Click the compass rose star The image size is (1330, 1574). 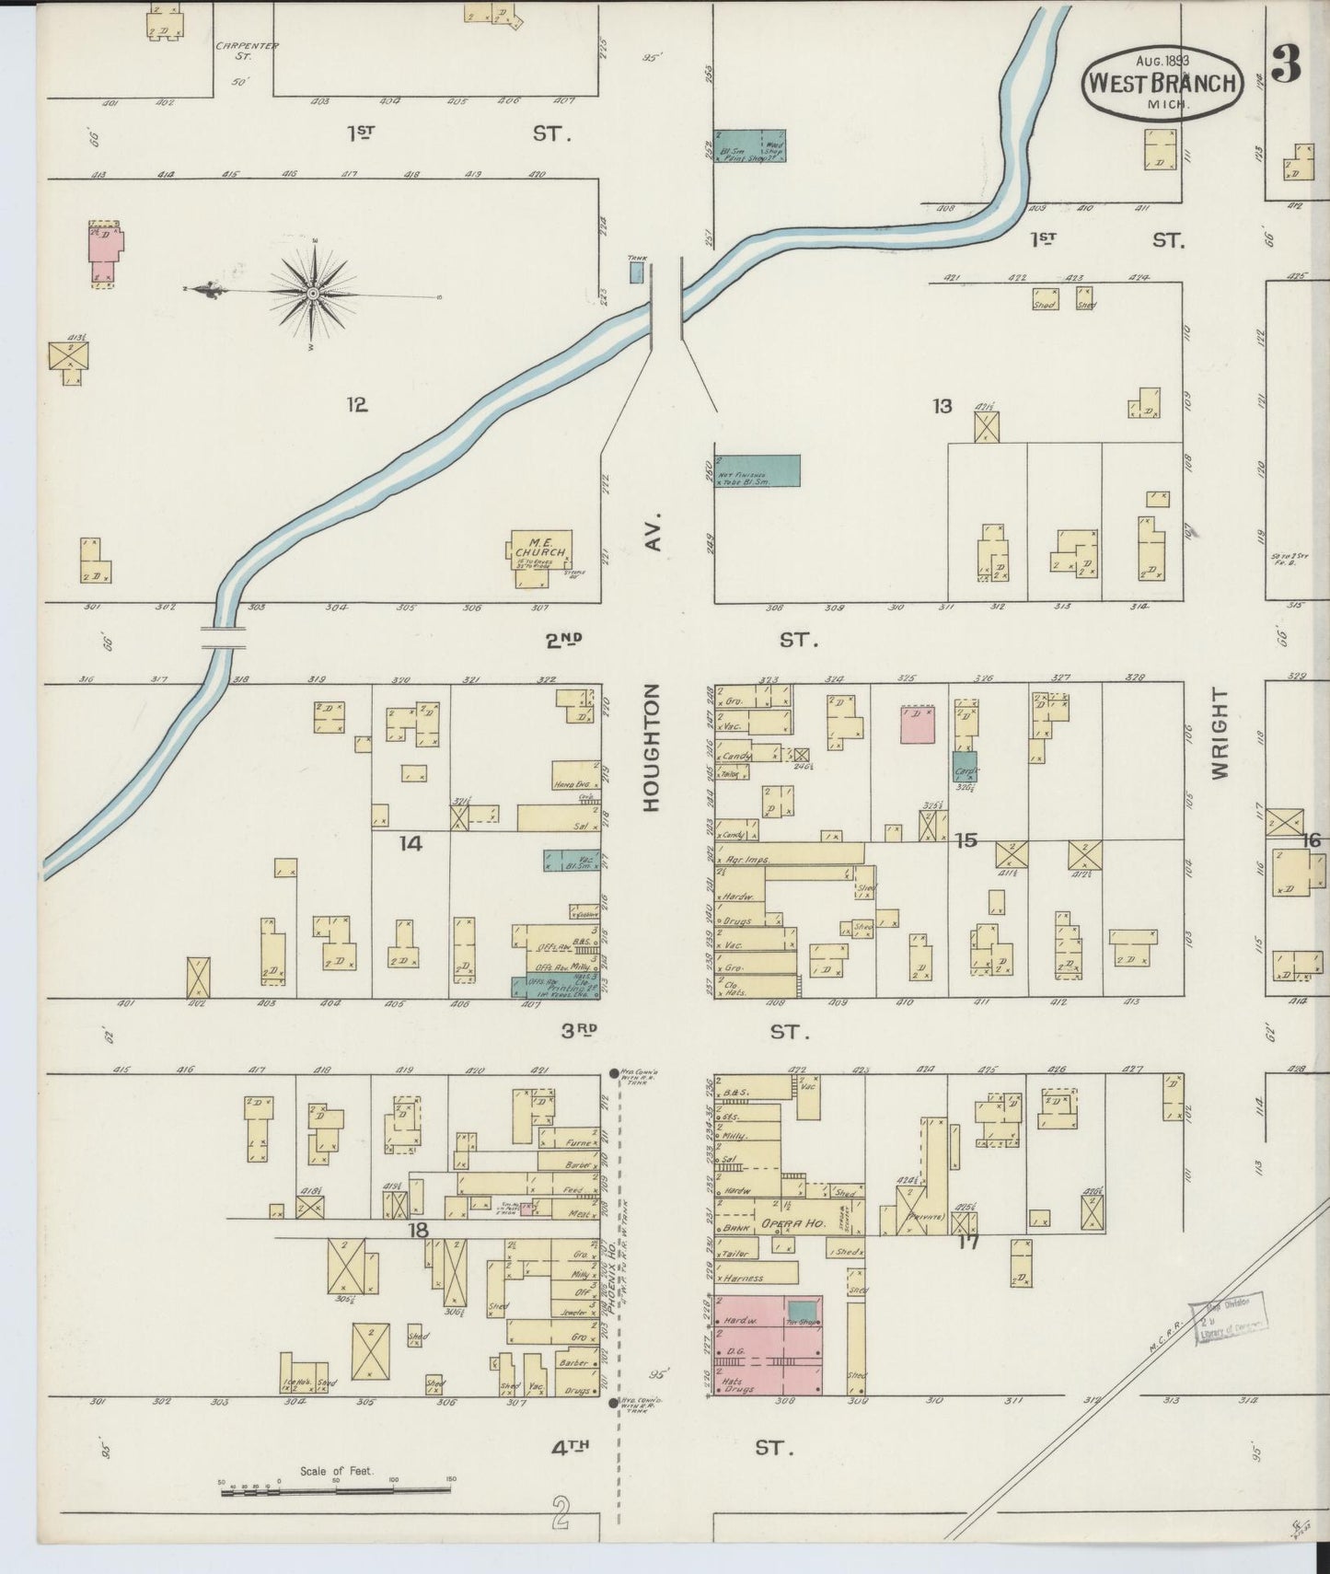tap(313, 293)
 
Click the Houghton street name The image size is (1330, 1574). tap(652, 747)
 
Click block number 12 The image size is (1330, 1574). tap(357, 404)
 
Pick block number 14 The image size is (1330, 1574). tap(411, 842)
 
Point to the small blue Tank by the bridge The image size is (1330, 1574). tap(636, 272)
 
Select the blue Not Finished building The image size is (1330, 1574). tap(758, 470)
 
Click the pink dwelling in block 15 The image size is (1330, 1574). tap(918, 724)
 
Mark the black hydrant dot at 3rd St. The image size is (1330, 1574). tap(614, 1073)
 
